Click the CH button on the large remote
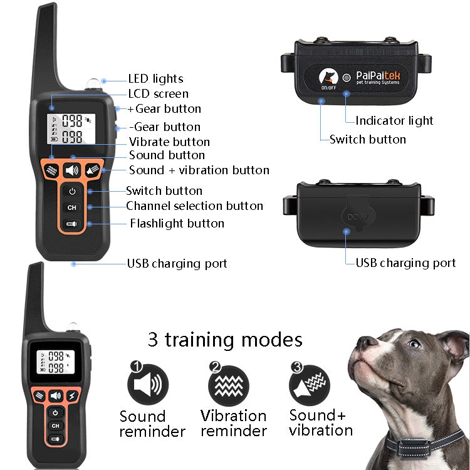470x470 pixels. coord(72,207)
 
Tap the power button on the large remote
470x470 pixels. coord(72,191)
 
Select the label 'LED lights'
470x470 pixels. coord(155,79)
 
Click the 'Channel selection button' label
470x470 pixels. coord(194,206)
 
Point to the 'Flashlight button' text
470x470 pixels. coord(177,223)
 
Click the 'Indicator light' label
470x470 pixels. coord(394,120)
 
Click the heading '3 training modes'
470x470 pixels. coord(225,340)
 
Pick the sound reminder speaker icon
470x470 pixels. coord(148,385)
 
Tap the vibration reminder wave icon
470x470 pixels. coord(229,385)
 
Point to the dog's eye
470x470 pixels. coord(414,343)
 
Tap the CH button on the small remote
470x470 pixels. coord(56,426)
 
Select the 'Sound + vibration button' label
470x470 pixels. coord(199,170)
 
